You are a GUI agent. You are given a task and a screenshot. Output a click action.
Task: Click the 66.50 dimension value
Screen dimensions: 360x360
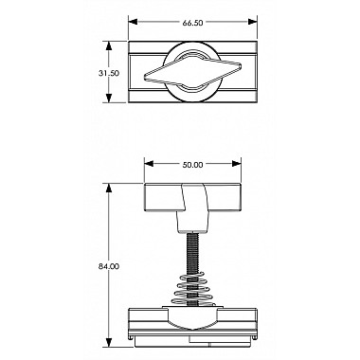(192, 23)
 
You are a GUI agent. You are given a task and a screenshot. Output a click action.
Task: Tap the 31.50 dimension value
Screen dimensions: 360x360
(109, 73)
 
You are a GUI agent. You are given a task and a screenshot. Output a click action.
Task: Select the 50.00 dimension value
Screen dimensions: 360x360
(192, 165)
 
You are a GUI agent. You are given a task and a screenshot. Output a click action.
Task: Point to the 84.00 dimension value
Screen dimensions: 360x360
(109, 266)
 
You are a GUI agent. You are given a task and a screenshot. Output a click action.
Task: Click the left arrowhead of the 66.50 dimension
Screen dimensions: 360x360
(133, 22)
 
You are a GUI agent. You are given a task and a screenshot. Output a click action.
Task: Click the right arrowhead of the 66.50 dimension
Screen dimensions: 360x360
(252, 22)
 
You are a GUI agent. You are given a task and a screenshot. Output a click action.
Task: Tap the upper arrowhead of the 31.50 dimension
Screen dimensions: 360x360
(109, 46)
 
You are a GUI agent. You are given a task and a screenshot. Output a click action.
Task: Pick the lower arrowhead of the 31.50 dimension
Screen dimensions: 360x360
(109, 98)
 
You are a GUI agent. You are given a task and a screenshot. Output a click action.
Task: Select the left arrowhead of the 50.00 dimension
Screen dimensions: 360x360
(149, 164)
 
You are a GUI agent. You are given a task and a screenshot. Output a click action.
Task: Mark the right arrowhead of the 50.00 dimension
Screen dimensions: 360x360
(237, 164)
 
